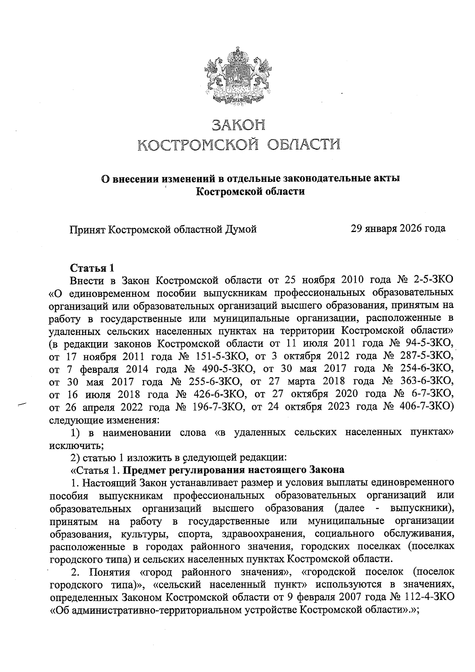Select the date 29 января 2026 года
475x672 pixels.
pos(398,228)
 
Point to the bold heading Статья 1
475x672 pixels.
pos(92,268)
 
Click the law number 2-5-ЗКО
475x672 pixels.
pos(433,281)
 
